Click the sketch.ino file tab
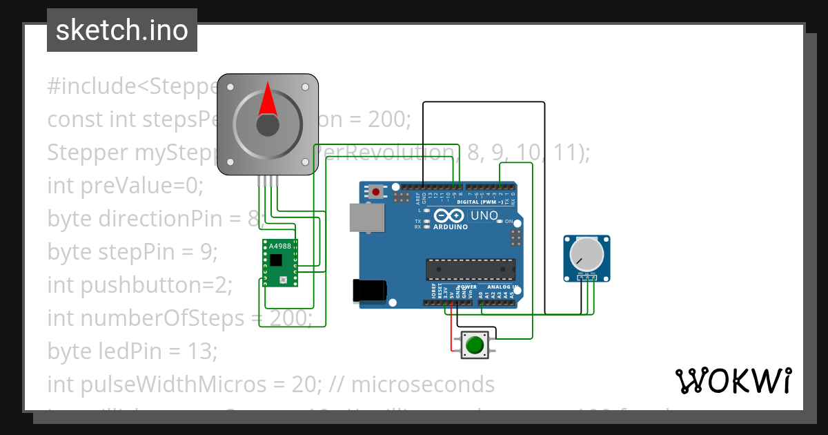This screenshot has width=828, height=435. point(121,30)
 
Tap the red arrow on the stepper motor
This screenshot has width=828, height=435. point(268,100)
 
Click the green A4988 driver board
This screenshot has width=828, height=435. point(280,263)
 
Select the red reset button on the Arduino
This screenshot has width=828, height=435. point(375,191)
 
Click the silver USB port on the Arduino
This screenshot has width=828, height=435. point(366,217)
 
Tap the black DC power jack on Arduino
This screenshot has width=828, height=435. point(365,291)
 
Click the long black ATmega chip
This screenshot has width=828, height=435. point(470,269)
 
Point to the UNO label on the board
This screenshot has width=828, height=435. point(484,215)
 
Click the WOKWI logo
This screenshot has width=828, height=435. point(733,380)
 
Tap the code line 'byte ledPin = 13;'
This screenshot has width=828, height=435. point(132,351)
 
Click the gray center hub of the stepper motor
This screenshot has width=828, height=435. point(268,126)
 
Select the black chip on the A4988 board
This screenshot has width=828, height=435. point(276,260)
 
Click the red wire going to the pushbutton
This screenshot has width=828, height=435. point(453,328)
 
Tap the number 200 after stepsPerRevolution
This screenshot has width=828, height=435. point(388,119)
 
